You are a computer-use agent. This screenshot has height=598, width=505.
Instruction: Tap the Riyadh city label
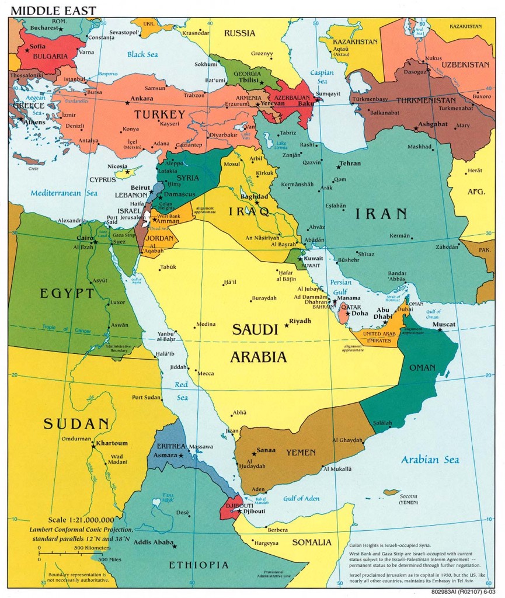[300, 321]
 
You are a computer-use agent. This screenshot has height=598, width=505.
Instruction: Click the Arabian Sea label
[430, 460]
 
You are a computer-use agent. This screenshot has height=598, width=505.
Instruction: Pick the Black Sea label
[142, 54]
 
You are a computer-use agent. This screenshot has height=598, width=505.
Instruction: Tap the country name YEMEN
[301, 452]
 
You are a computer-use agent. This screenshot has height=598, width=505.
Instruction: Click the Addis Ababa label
[154, 543]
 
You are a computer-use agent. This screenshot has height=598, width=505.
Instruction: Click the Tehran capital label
[350, 164]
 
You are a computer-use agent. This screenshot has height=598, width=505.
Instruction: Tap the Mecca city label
[206, 374]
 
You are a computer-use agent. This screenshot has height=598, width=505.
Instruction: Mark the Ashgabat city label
[433, 124]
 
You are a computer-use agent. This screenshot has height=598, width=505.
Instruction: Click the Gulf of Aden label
[301, 498]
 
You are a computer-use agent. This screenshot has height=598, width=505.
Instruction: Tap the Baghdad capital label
[253, 197]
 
